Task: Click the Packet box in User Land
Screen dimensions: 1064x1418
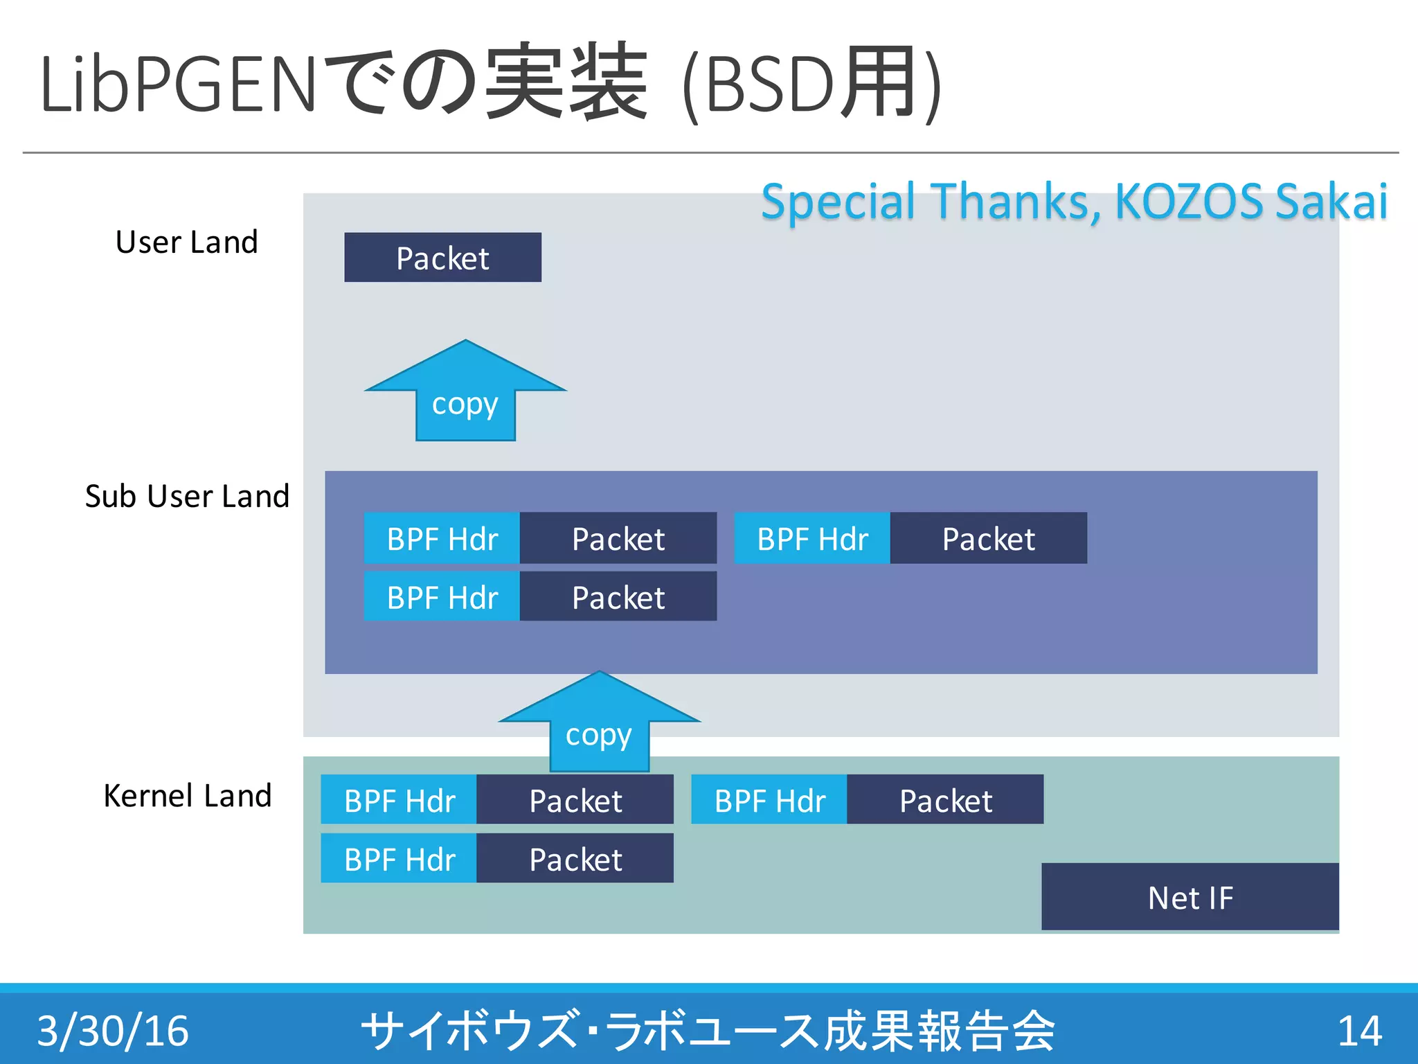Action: (x=442, y=258)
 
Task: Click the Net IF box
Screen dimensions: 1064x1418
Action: (x=1190, y=897)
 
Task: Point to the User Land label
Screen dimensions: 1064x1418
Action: (x=186, y=242)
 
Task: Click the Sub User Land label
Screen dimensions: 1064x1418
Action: (x=187, y=496)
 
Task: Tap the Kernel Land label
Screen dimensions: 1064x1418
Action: (x=187, y=795)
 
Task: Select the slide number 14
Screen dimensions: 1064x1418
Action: (x=1359, y=1031)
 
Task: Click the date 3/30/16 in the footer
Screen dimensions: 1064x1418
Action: (x=113, y=1031)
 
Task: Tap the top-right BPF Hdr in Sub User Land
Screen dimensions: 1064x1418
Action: (x=812, y=538)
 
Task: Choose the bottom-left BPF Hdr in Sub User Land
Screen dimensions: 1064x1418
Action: (x=442, y=596)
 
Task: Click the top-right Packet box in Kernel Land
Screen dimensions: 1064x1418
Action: (x=945, y=800)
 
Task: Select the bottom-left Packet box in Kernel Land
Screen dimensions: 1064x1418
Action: (x=575, y=859)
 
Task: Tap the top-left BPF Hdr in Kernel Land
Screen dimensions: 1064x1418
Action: (x=399, y=800)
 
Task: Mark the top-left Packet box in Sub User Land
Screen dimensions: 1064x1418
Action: (x=618, y=538)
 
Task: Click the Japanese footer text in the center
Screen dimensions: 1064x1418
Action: (x=708, y=1031)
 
